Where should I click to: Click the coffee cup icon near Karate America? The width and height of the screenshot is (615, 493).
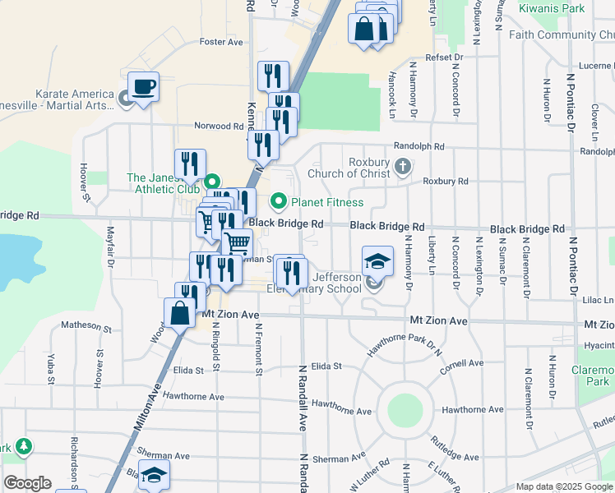point(144,87)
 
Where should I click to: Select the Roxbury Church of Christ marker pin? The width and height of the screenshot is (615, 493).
point(403,168)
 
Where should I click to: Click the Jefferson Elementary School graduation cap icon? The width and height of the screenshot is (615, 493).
point(378,260)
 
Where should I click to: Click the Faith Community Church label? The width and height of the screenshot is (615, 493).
point(562,35)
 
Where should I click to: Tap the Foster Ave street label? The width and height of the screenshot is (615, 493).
point(221,42)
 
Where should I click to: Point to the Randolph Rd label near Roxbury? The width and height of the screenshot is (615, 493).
point(418,146)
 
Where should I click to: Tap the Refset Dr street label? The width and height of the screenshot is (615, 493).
point(444,57)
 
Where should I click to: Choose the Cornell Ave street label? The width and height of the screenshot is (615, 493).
point(461,363)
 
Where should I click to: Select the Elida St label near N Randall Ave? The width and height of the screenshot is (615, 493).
point(326,366)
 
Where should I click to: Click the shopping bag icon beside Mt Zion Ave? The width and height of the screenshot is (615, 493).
point(179,313)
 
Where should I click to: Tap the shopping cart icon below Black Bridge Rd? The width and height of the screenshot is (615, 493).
point(238,242)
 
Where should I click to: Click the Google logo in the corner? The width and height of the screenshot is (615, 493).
point(27,483)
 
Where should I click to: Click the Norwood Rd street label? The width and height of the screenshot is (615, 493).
point(219,127)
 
